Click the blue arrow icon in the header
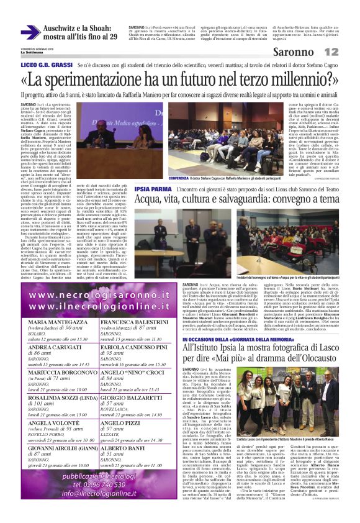30,32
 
